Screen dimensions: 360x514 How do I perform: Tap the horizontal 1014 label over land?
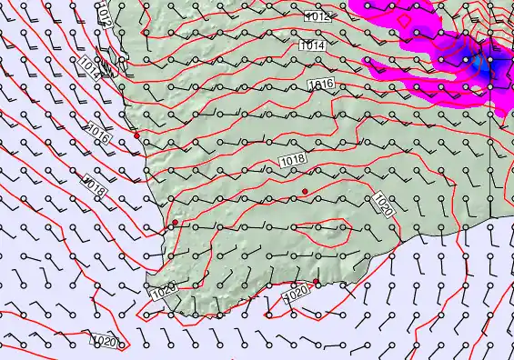coord(310,45)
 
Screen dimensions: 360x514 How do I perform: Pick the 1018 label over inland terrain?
coord(292,161)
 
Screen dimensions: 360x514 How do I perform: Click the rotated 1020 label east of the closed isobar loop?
coord(383,205)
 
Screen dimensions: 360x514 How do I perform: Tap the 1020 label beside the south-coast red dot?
coord(297,295)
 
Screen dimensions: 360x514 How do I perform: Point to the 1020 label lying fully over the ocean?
coord(105,342)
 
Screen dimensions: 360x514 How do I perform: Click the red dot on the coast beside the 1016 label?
coord(136,135)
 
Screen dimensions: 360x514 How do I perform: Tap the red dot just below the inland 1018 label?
coord(306,191)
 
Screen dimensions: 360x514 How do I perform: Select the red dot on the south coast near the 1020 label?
coord(317,283)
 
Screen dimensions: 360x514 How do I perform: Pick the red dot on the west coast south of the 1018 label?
coord(175,223)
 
